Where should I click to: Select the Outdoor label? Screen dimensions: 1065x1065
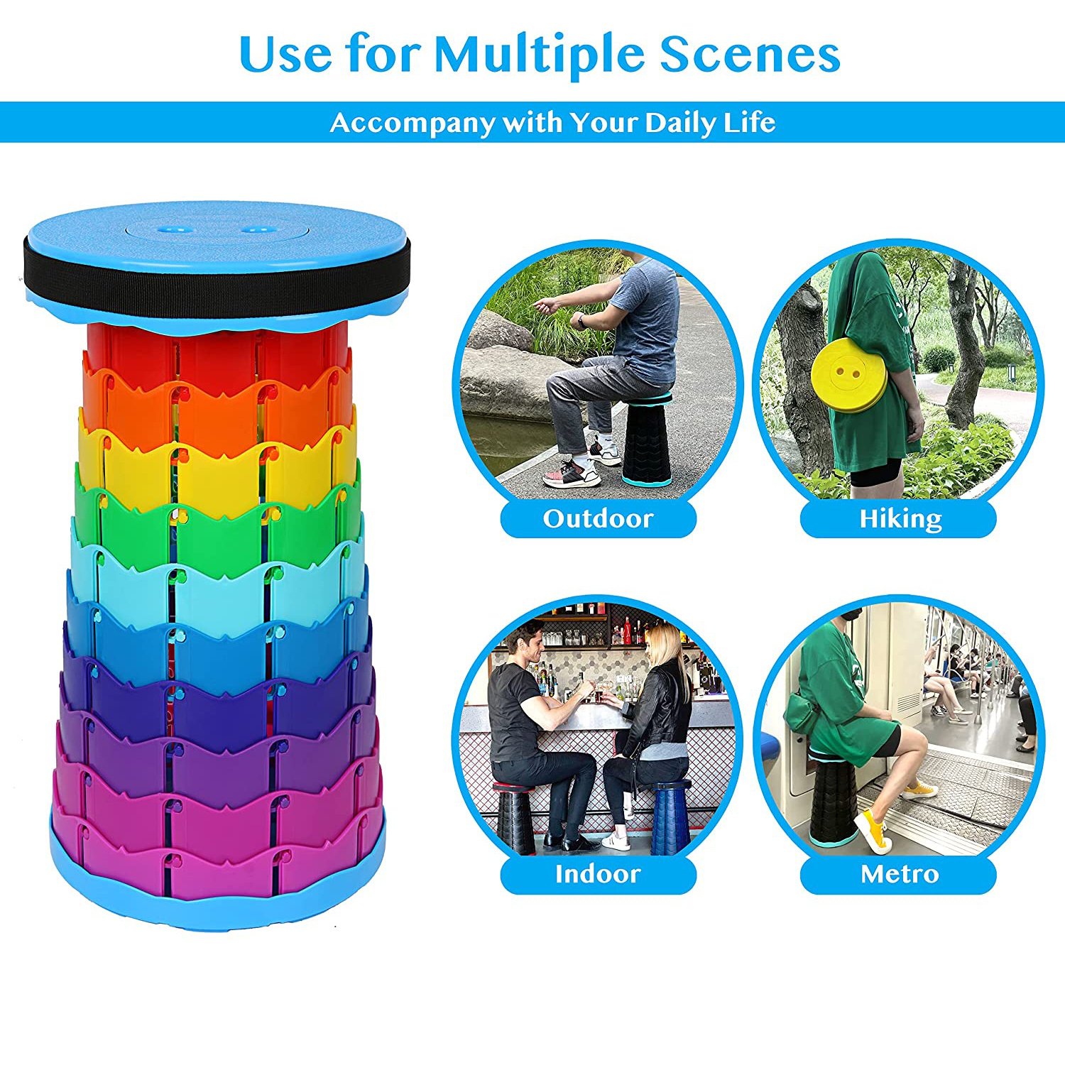tap(598, 519)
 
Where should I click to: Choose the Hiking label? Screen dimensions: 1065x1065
tap(900, 519)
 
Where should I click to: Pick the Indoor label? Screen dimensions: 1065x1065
tap(598, 874)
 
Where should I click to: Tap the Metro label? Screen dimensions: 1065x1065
tap(900, 874)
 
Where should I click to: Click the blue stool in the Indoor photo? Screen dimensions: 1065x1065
tap(671, 816)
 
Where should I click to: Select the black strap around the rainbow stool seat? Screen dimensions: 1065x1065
tap(217, 267)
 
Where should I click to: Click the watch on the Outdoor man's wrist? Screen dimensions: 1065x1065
tap(581, 322)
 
